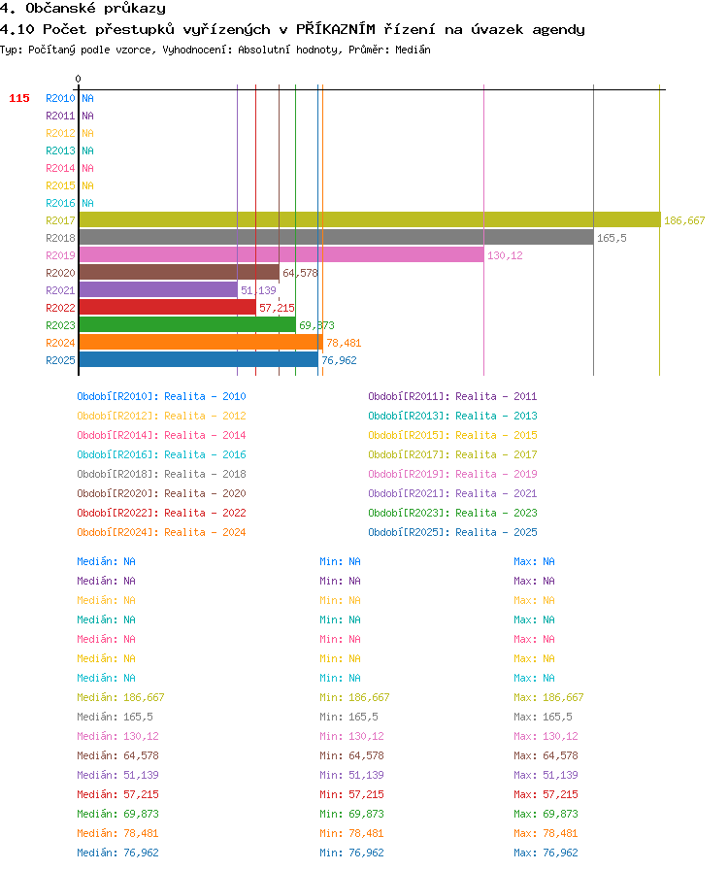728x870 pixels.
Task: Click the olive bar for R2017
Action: coord(370,219)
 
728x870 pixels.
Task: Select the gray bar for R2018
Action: coord(336,238)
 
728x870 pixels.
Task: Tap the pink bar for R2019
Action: coord(281,254)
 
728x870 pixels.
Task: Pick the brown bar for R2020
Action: coord(180,273)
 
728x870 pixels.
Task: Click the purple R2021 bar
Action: coord(158,289)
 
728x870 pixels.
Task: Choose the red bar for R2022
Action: coord(168,308)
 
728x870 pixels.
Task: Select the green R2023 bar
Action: coord(187,324)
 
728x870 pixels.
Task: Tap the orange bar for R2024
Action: coord(201,343)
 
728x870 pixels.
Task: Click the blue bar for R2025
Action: coord(199,359)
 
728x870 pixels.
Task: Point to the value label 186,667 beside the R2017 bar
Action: coord(684,220)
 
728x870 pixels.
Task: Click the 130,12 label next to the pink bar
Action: coord(505,255)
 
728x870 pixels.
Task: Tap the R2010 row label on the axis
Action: coord(60,98)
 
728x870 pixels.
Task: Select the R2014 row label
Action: coord(60,168)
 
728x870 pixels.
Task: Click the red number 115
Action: coord(19,98)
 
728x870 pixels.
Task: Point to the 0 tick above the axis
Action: coord(79,79)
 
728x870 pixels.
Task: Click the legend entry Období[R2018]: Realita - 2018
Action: coord(161,474)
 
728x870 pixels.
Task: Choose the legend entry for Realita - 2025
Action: coord(452,532)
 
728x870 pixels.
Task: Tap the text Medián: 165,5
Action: coord(115,717)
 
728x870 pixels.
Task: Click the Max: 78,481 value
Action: coord(546,833)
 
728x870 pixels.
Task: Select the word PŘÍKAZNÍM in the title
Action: coord(336,29)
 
